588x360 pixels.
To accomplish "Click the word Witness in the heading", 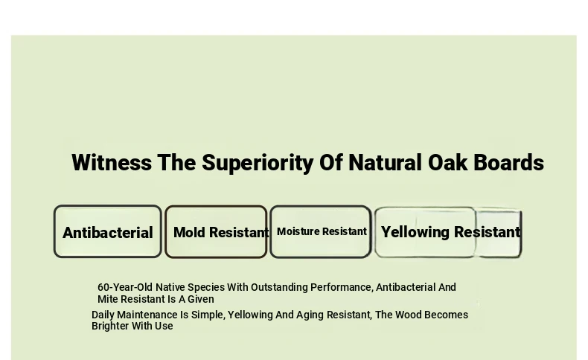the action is pyautogui.click(x=112, y=163).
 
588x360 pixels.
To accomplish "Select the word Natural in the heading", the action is pyautogui.click(x=385, y=163).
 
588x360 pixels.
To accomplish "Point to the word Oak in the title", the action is pyautogui.click(x=448, y=163).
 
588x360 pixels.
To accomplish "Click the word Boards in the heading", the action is pyautogui.click(x=509, y=163).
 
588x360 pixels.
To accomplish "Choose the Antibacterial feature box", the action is pyautogui.click(x=108, y=231).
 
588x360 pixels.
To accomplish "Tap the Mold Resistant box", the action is pyautogui.click(x=216, y=232).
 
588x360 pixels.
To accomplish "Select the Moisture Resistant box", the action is pyautogui.click(x=321, y=232).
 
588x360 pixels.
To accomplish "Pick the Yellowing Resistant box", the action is pyautogui.click(x=448, y=232).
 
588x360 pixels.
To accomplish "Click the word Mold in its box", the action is pyautogui.click(x=189, y=232).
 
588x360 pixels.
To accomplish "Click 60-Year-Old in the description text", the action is pyautogui.click(x=125, y=287).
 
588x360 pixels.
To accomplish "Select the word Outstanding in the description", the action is pyautogui.click(x=279, y=288).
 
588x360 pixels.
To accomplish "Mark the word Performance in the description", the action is pyautogui.click(x=342, y=287).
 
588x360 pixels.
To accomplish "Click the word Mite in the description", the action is pyautogui.click(x=108, y=299).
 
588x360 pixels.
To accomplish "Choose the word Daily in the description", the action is pyautogui.click(x=103, y=315).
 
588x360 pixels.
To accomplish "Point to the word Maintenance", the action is pyautogui.click(x=147, y=315).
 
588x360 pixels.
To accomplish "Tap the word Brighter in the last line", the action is pyautogui.click(x=110, y=326).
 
